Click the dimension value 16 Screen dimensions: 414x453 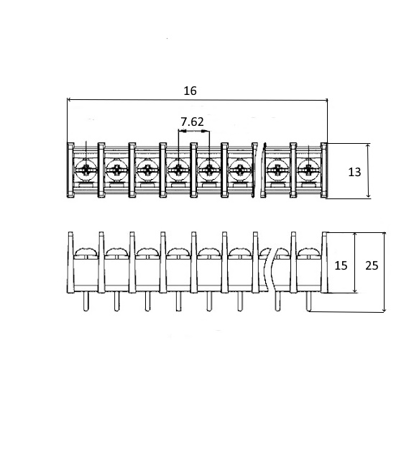coord(190,91)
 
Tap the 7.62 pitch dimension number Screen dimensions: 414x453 coord(192,122)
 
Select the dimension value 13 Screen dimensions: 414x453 coord(354,172)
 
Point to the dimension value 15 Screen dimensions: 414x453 coord(341,265)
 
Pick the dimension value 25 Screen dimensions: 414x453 coord(372,265)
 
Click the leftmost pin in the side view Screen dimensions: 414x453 coord(86,301)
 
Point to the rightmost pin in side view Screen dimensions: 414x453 coord(308,301)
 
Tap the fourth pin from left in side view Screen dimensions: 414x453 coord(178,301)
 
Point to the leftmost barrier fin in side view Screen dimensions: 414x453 coord(70,262)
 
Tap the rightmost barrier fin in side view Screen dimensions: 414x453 coord(325,262)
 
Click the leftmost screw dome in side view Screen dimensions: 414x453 coord(86,252)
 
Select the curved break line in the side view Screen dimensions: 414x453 coord(272,269)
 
